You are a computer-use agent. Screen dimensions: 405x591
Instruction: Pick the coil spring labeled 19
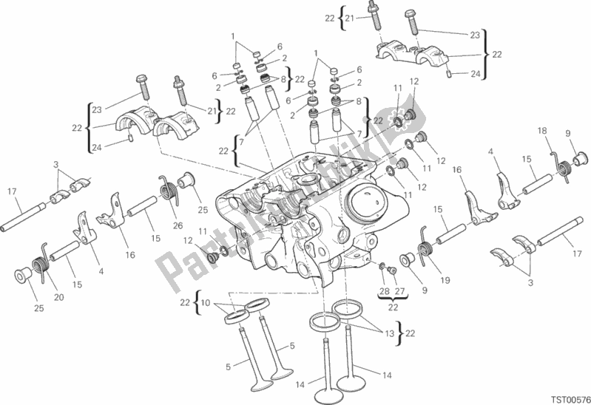[x=426, y=239]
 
